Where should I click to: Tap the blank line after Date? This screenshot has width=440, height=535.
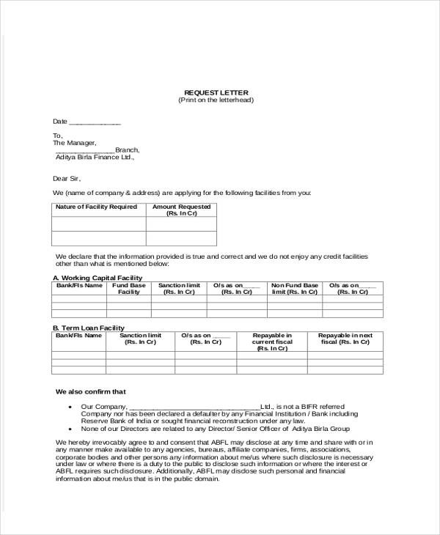[x=95, y=122]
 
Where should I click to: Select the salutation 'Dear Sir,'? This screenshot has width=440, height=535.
[x=67, y=178]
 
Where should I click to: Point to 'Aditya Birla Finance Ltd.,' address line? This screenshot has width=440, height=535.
[x=95, y=157]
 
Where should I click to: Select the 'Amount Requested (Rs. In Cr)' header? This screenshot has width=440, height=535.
[x=181, y=210]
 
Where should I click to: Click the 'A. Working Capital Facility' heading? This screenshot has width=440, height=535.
[x=97, y=278]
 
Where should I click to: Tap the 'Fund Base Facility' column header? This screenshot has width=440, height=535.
[x=129, y=288]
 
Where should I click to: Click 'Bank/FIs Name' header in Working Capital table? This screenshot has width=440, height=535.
[x=79, y=285]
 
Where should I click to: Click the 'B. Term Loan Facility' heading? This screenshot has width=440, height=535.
[x=89, y=328]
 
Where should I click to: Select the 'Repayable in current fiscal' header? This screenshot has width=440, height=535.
[x=272, y=342]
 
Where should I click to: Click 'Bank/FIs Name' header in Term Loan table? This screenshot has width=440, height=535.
[x=79, y=335]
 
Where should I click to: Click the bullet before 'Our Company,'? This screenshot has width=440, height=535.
[x=70, y=407]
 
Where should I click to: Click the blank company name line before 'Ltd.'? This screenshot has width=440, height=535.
[x=194, y=407]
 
